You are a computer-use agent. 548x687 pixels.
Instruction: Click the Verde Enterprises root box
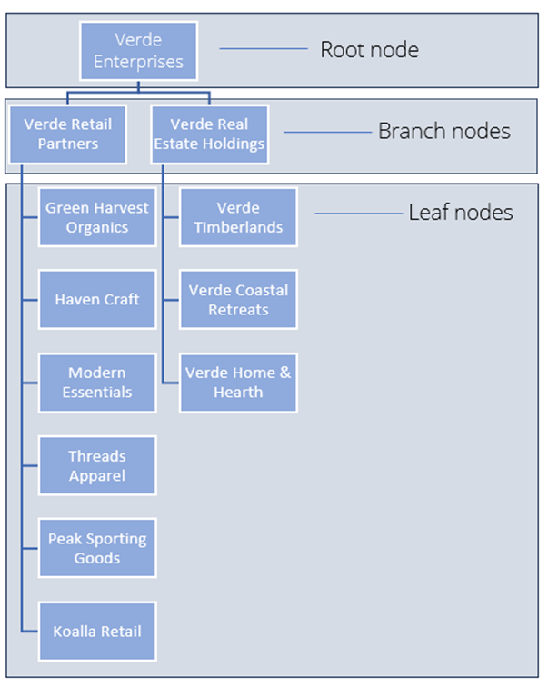pyautogui.click(x=138, y=51)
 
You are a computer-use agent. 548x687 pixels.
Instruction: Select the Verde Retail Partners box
pyautogui.click(x=68, y=134)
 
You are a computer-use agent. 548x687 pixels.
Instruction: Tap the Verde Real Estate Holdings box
pyautogui.click(x=209, y=134)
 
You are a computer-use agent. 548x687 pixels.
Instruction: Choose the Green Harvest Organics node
pyautogui.click(x=97, y=217)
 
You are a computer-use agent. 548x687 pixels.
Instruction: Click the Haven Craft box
pyautogui.click(x=97, y=299)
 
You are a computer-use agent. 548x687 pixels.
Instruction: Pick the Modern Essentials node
pyautogui.click(x=97, y=383)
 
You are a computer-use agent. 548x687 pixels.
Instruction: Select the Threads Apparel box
pyautogui.click(x=97, y=465)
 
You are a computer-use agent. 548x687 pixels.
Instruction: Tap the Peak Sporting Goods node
pyautogui.click(x=97, y=548)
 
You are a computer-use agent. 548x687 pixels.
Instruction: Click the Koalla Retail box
pyautogui.click(x=97, y=631)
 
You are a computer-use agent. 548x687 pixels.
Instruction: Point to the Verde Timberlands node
pyautogui.click(x=238, y=217)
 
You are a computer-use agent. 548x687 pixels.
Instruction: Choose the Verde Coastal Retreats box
pyautogui.click(x=238, y=299)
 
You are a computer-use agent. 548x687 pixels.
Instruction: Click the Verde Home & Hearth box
pyautogui.click(x=238, y=383)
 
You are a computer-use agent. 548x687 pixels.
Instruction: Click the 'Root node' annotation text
pyautogui.click(x=369, y=49)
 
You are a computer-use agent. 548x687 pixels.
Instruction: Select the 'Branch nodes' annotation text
pyautogui.click(x=443, y=131)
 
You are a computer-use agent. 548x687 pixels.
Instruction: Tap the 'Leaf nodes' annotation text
pyautogui.click(x=460, y=213)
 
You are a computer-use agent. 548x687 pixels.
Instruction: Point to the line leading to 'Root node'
pyautogui.click(x=263, y=49)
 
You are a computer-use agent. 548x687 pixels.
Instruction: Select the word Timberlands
pyautogui.click(x=238, y=227)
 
